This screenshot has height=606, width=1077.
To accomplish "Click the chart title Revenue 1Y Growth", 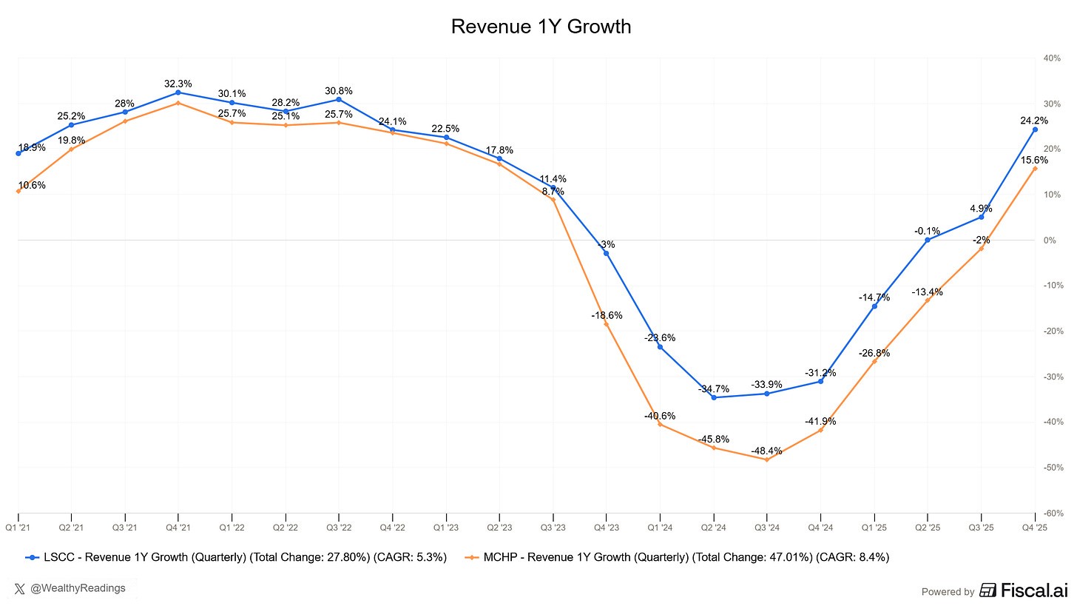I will tap(541, 27).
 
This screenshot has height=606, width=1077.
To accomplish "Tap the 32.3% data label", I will tap(178, 84).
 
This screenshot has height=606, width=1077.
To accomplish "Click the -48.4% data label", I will tap(766, 451).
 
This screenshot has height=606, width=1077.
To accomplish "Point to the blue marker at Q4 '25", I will tap(1035, 129).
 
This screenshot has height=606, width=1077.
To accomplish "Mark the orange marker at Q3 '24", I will tap(766, 459).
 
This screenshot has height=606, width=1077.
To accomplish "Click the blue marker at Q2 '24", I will tap(713, 397).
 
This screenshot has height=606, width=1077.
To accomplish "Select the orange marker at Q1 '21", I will tap(18, 192).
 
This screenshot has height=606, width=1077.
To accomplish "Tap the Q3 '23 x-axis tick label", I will tap(553, 526).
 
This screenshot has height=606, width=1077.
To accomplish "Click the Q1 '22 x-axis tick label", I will tap(232, 526).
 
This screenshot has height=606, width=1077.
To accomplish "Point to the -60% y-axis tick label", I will tap(1051, 513).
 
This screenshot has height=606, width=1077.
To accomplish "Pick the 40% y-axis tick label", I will tap(1052, 58).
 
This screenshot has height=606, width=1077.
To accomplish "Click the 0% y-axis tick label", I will tap(1050, 240).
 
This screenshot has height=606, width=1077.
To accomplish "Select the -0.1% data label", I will tap(927, 231).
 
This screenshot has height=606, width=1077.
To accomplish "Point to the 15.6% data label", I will tap(1035, 160).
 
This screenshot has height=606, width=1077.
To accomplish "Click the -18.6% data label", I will tap(607, 315).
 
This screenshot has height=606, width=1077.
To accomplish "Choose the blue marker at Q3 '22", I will tap(339, 99).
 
